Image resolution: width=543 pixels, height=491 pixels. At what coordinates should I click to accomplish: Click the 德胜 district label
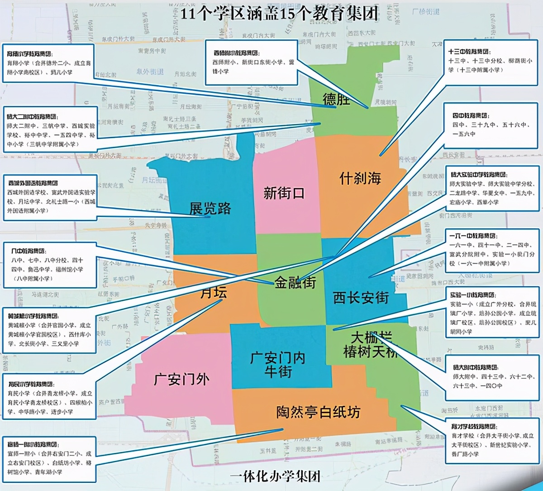[336, 99]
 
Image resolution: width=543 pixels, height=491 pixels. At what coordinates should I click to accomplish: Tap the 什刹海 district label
[360, 178]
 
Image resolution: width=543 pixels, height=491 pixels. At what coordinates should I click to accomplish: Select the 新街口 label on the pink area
[284, 193]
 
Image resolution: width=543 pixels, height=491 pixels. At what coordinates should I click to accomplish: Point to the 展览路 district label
[210, 209]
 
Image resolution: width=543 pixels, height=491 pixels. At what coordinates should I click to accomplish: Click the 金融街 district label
[295, 283]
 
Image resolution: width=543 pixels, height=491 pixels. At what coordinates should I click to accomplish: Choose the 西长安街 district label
[361, 298]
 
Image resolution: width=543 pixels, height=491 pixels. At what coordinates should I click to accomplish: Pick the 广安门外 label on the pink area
[181, 379]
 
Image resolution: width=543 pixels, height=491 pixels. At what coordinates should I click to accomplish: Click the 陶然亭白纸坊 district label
[318, 412]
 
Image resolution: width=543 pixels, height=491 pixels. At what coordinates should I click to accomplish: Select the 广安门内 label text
[278, 358]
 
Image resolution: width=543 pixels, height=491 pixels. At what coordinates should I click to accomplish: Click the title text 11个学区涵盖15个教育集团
[279, 14]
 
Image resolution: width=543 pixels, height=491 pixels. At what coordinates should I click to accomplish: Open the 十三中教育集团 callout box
[491, 61]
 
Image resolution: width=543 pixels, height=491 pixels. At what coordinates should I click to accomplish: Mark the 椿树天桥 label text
[370, 352]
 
